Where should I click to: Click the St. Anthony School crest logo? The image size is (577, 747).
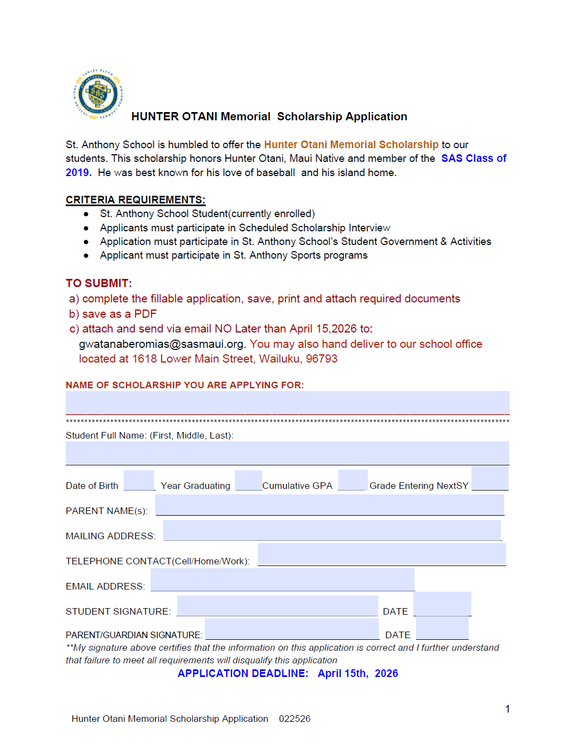click(98, 95)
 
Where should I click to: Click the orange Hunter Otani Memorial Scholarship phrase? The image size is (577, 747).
click(351, 144)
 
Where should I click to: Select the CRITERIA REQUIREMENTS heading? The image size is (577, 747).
click(135, 200)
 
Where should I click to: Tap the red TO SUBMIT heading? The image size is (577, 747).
click(99, 283)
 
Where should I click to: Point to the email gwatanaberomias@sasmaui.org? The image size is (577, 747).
click(161, 344)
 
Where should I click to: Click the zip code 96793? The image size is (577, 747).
click(321, 359)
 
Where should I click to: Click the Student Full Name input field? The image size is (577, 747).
click(287, 453)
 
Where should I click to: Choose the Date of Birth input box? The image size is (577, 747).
click(139, 480)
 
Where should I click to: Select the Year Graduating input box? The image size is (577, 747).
click(248, 480)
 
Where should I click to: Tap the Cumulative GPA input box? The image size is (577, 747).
click(353, 480)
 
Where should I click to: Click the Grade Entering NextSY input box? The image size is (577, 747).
click(489, 478)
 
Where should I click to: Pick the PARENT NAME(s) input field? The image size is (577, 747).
click(330, 505)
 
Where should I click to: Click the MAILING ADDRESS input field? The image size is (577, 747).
click(332, 530)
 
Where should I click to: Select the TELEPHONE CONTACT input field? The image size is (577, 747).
click(382, 554)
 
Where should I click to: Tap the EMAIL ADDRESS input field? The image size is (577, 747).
click(282, 579)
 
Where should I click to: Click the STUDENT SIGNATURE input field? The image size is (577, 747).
click(278, 605)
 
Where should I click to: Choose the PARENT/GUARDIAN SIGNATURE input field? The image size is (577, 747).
click(292, 629)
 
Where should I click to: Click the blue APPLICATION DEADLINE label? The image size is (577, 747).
click(243, 673)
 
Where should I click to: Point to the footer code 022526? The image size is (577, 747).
click(295, 719)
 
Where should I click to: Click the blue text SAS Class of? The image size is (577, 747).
click(474, 158)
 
